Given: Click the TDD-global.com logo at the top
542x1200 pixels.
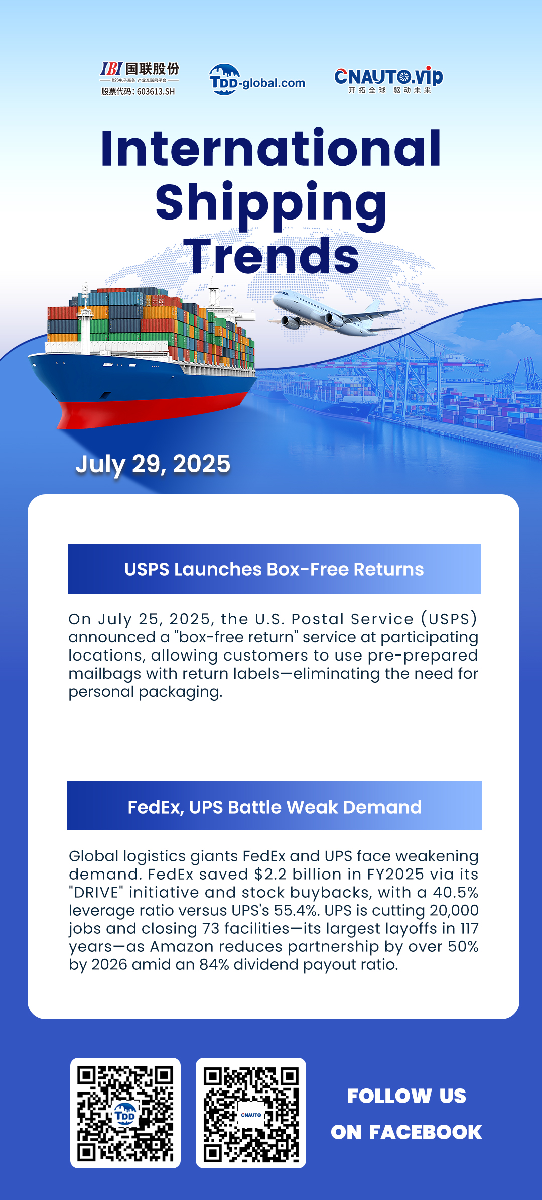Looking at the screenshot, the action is click(x=257, y=79).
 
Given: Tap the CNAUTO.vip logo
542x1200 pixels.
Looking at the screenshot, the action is click(x=388, y=80).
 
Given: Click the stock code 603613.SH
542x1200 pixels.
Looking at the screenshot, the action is click(x=156, y=92).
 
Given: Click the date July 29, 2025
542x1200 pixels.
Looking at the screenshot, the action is click(x=153, y=464).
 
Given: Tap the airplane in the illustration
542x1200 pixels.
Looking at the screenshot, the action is click(x=335, y=313).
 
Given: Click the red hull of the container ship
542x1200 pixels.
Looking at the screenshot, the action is click(x=151, y=409).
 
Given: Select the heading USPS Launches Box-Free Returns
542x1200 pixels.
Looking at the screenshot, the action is click(x=274, y=569).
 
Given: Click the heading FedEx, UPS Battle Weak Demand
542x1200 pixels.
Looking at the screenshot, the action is click(x=275, y=807).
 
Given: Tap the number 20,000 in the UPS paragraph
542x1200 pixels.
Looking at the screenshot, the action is click(x=454, y=910).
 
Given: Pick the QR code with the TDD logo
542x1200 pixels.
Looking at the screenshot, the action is click(x=125, y=1113).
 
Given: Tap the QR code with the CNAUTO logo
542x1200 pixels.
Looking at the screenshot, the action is click(x=251, y=1113).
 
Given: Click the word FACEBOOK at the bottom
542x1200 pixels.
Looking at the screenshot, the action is click(x=426, y=1132).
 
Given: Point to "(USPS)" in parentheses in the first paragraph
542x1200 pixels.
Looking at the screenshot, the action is click(x=449, y=619).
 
